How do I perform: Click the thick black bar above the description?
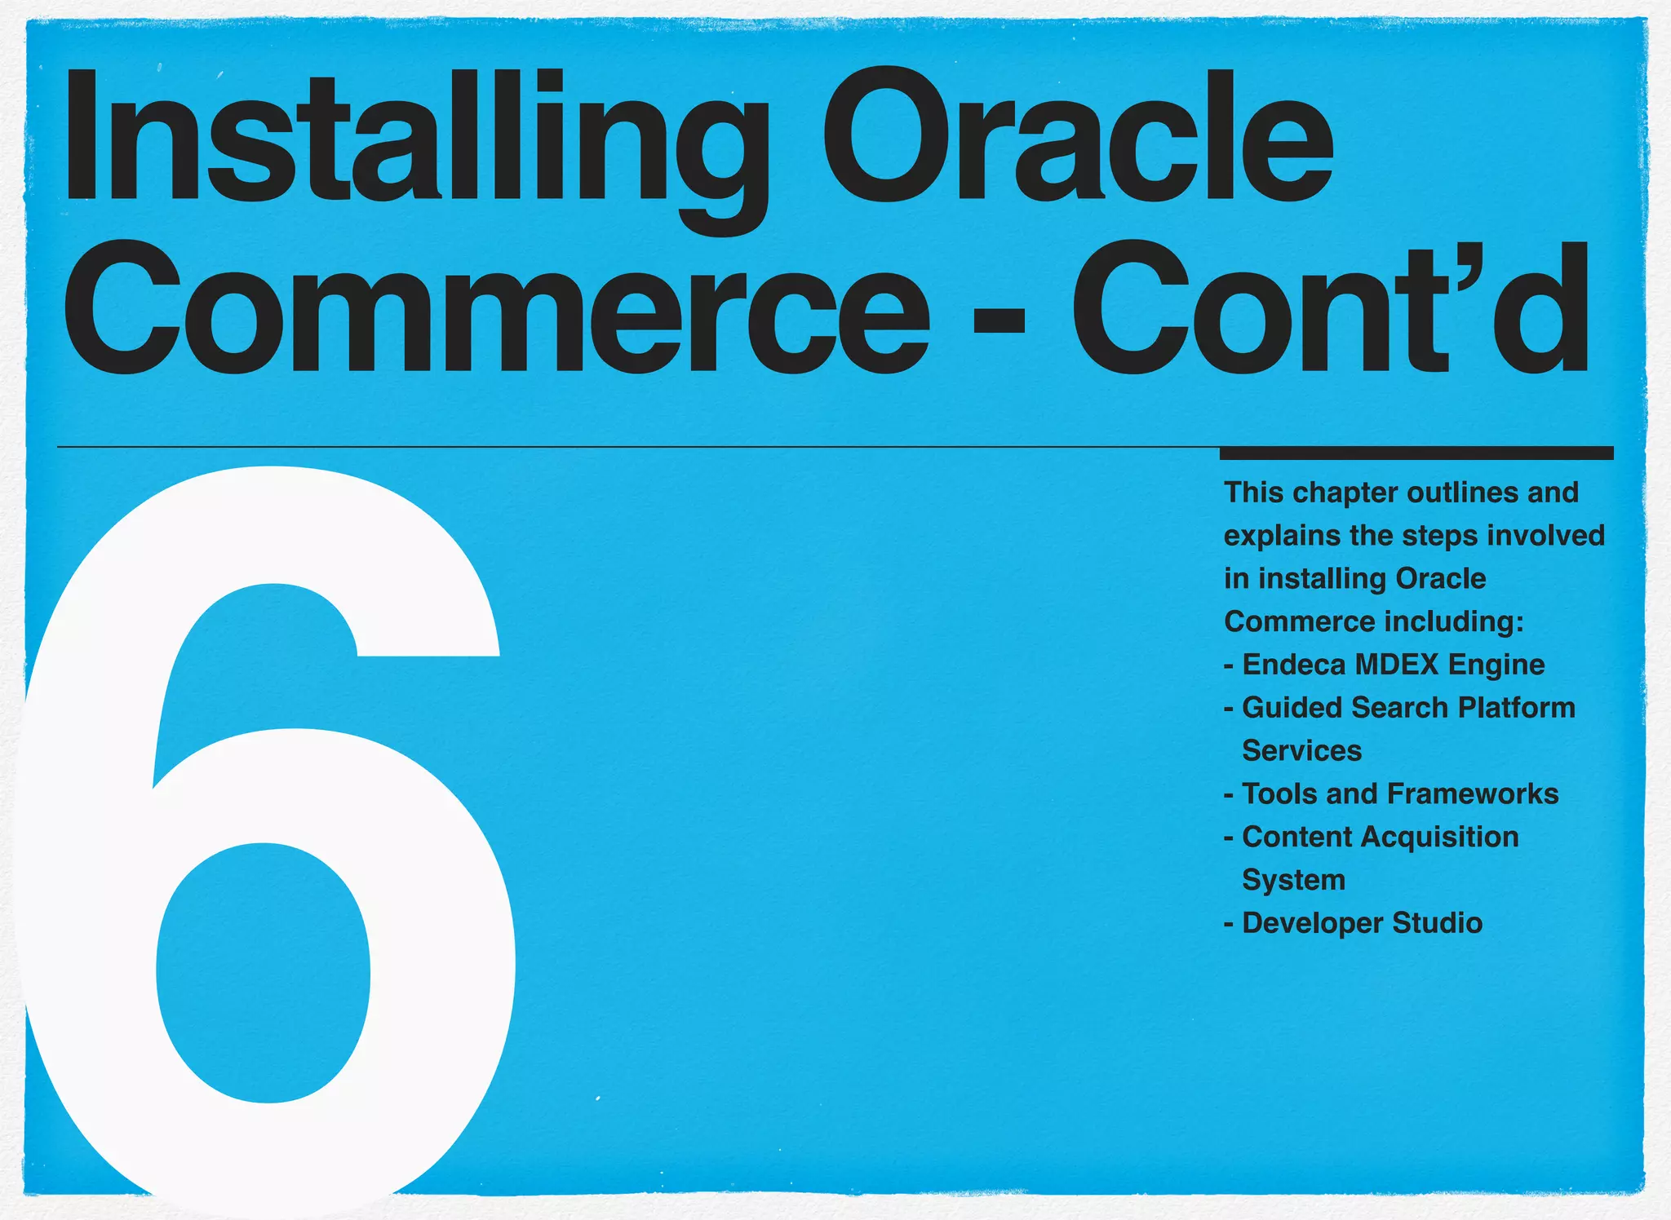point(1416,453)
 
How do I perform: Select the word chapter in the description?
point(1346,493)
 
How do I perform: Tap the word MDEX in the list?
point(1396,665)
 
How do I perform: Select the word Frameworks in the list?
point(1473,793)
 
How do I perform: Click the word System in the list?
point(1293,881)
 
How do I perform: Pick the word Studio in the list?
point(1437,923)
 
